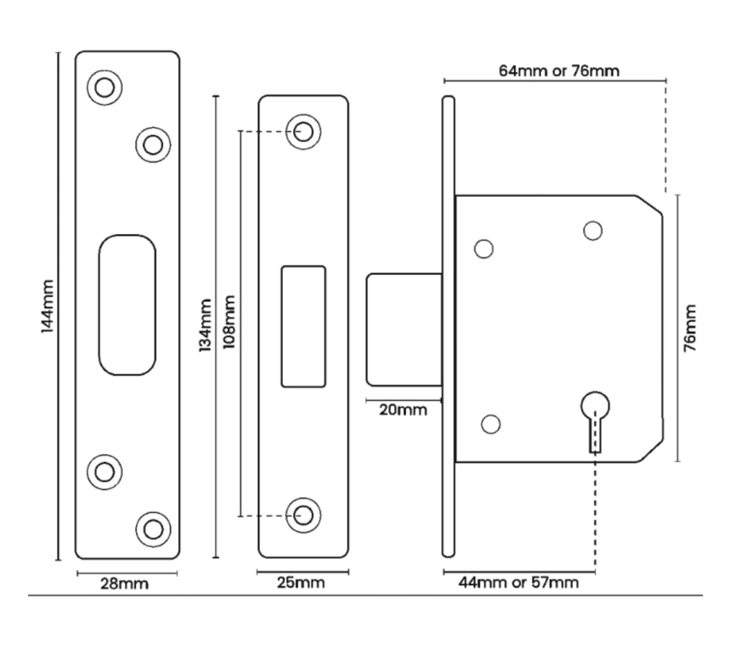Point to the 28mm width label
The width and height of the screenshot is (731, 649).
[x=125, y=584]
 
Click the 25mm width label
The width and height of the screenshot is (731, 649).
[x=301, y=583]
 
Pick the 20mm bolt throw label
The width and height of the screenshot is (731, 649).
[x=403, y=410]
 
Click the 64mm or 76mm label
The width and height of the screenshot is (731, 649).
[x=559, y=71]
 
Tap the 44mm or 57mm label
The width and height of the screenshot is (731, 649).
[x=518, y=583]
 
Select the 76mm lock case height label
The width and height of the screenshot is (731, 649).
[x=690, y=328]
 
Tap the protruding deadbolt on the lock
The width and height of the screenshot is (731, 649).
[x=404, y=330]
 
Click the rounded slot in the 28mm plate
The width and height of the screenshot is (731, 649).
[x=127, y=305]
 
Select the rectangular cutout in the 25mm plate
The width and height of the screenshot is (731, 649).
[x=303, y=326]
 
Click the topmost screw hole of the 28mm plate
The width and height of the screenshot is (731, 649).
[x=104, y=87]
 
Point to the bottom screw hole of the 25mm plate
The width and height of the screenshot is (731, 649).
[x=304, y=515]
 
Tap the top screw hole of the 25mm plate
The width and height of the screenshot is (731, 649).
[x=304, y=132]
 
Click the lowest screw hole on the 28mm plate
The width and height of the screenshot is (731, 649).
[x=153, y=529]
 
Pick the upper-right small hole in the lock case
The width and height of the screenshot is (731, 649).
[x=593, y=231]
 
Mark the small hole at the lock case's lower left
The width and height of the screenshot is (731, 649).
[x=491, y=424]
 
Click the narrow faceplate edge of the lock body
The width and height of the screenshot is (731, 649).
[x=448, y=325]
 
